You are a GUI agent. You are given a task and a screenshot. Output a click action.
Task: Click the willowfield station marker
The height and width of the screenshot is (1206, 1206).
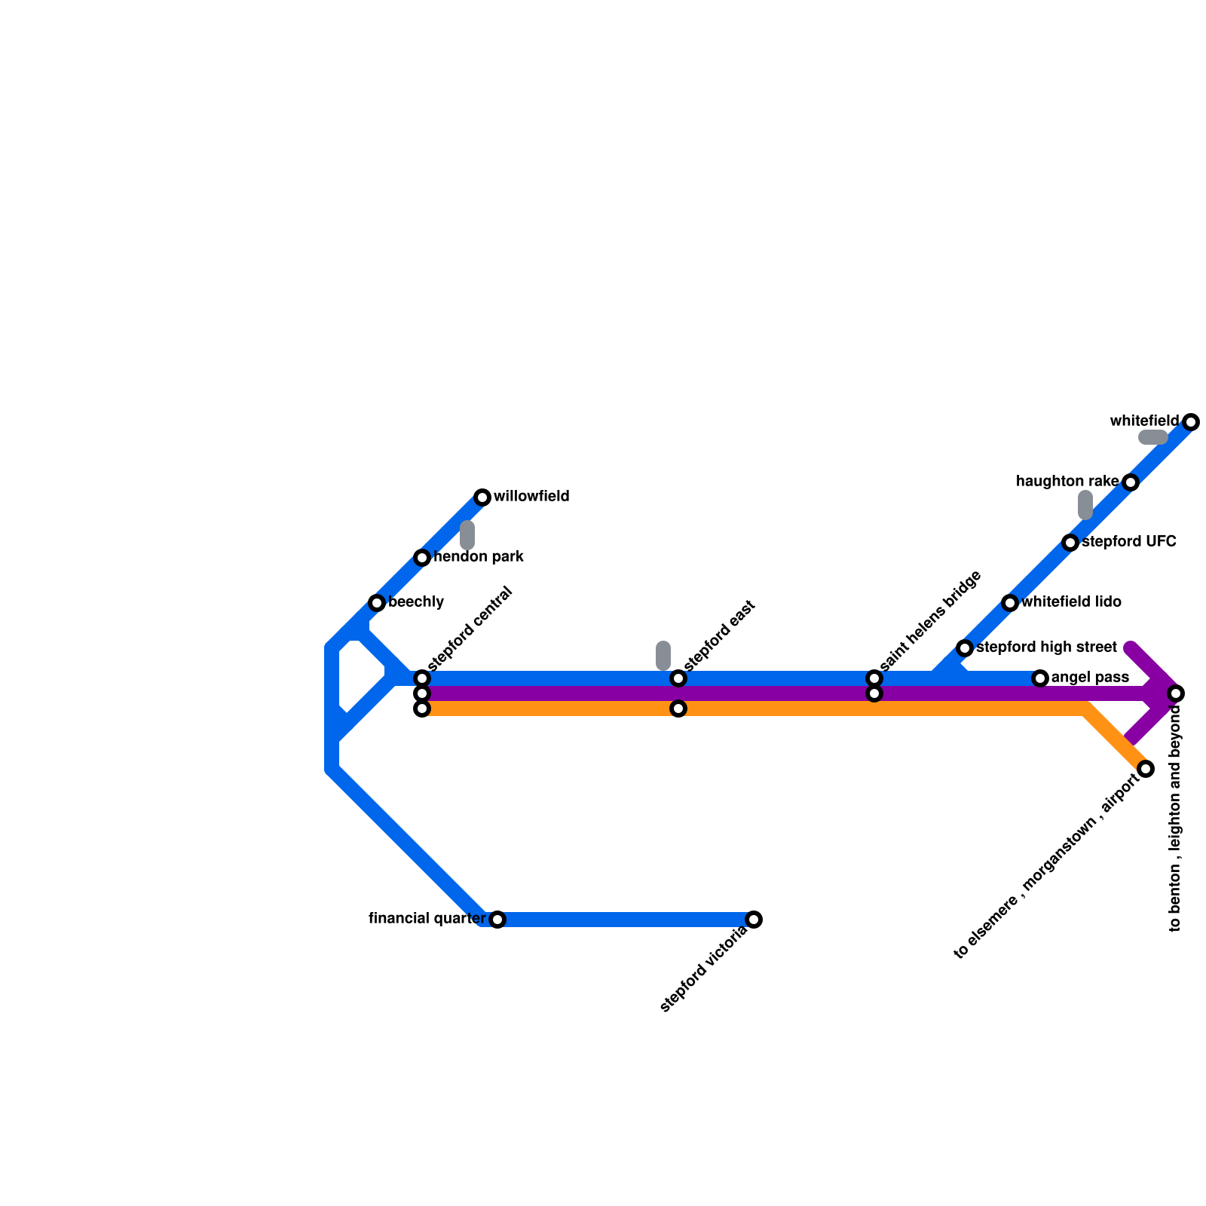[x=482, y=497]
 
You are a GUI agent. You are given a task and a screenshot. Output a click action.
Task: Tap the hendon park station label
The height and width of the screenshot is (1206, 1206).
[x=479, y=558]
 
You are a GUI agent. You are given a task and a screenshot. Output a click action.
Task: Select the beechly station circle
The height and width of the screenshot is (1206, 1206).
[x=377, y=603]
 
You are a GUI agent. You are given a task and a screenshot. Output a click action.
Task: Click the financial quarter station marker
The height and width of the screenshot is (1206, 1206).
[x=497, y=920]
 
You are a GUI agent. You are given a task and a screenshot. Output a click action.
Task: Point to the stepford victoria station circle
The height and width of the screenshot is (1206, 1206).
[x=754, y=920]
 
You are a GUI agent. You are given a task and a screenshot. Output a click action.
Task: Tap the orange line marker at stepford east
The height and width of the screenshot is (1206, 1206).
[x=678, y=709]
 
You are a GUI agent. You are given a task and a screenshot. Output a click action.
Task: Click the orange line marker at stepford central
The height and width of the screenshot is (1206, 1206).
[x=422, y=709]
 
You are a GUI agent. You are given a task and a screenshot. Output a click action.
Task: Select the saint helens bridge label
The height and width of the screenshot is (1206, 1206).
[x=930, y=620]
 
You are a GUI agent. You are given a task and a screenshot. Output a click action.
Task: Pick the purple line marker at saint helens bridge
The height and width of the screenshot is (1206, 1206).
[x=874, y=693]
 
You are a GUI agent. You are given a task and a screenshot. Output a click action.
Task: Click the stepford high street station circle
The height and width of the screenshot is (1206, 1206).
[x=965, y=648]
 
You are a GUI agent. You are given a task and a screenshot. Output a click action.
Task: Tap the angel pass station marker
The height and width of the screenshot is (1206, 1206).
[x=1040, y=678]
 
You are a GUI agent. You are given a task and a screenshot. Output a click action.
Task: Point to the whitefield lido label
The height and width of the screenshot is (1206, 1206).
[x=1071, y=602]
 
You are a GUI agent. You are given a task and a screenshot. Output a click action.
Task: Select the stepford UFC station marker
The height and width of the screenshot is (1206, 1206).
[x=1070, y=543]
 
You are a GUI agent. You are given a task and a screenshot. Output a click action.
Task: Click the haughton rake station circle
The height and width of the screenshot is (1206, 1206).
[x=1131, y=482]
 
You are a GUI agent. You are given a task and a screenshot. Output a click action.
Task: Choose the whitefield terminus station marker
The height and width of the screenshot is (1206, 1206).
[x=1191, y=422]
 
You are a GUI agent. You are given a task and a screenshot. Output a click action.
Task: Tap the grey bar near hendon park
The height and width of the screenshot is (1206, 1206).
[x=467, y=535]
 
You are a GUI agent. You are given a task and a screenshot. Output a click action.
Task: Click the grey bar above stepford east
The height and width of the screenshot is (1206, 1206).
[x=663, y=656]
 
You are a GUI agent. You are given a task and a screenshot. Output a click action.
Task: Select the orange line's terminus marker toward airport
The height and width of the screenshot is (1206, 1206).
[x=1146, y=769]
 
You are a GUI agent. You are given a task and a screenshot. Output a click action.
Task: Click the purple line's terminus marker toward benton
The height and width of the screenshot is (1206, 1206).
[x=1176, y=693]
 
